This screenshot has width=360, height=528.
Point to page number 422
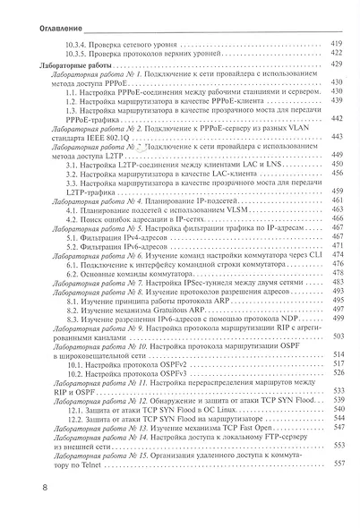[x=338, y=53]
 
